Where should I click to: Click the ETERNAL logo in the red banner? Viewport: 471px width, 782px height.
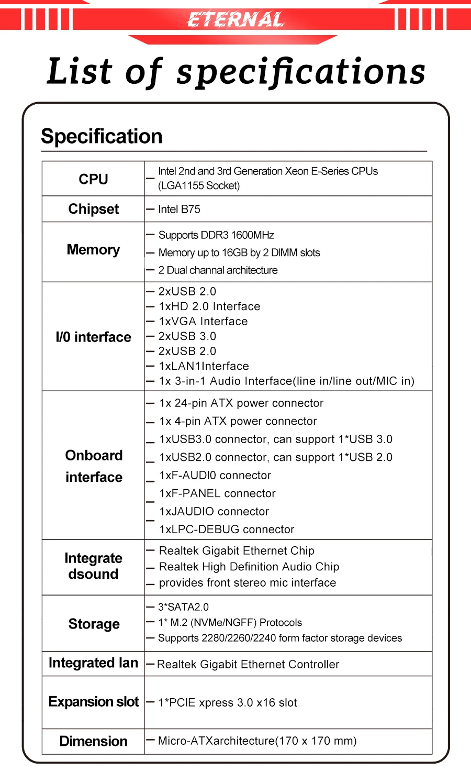235,20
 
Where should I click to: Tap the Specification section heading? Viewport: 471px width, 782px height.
102,137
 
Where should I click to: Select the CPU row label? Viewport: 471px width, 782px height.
93,179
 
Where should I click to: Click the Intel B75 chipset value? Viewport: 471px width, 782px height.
179,210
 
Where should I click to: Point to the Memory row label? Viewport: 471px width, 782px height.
93,250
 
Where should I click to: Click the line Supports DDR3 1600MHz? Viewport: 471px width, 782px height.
216,235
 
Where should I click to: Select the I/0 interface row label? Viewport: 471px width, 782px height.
93,337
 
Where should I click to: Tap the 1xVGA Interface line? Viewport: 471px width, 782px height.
203,322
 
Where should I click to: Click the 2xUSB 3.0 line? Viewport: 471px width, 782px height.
187,336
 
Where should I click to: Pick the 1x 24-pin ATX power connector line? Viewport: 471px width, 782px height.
241,403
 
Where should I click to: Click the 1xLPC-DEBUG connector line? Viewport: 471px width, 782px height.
227,530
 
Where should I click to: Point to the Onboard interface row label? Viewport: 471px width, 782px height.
94,466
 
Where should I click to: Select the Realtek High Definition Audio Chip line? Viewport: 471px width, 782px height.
249,567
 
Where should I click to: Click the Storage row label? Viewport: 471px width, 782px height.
94,624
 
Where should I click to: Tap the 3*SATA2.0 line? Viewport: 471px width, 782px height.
183,607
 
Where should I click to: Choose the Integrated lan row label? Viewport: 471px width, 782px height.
93,663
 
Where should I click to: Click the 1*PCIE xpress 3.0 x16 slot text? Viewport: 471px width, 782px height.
228,703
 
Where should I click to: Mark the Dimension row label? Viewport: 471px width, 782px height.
93,741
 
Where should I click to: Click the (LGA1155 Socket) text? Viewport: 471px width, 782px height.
199,186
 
